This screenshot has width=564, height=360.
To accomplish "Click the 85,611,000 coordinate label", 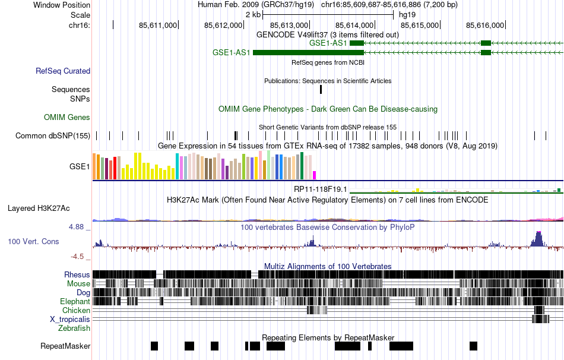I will point(158,25).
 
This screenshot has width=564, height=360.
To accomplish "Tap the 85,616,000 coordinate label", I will point(485,25).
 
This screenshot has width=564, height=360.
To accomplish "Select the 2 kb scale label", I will point(252,14).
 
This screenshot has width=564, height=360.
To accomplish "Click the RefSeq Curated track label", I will point(63,71).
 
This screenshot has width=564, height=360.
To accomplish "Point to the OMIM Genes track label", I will point(67,117).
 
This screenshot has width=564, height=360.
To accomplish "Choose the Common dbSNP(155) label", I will point(53,135).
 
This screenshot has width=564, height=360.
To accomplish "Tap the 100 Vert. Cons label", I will point(33,241).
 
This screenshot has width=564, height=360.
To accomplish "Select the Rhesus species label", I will point(77,274).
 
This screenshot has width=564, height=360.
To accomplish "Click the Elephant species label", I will point(75,301).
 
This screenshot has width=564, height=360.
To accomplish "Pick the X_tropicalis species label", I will point(70,319).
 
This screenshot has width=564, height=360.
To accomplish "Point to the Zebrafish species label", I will point(74,328).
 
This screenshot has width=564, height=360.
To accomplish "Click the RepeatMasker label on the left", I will point(65,346).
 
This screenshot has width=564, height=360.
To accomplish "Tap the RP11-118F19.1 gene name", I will point(321,189).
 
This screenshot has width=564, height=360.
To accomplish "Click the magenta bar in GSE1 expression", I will point(315,175).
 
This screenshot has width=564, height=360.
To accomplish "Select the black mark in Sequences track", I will point(321,89).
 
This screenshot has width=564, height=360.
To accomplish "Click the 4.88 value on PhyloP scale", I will point(80,226).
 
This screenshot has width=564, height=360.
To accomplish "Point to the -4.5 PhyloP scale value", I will point(81,257).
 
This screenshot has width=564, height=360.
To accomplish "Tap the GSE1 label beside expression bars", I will point(80,166).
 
